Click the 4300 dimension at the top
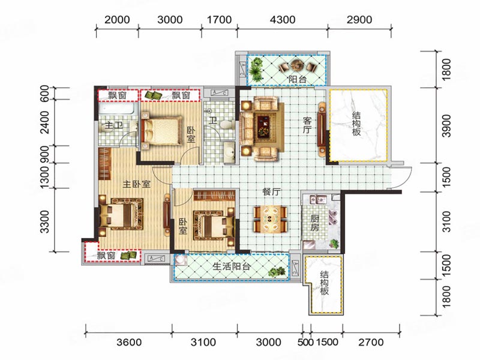tap(283, 20)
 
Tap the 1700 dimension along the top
tap(219, 20)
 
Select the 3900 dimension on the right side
tap(446, 126)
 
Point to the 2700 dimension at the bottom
tap(371, 342)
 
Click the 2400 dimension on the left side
tap(44, 122)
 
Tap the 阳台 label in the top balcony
tap(297, 79)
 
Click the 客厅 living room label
tap(307, 125)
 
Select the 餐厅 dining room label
tap(271, 192)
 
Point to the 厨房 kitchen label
tap(315, 223)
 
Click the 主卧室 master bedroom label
tap(137, 184)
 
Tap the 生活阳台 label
tap(232, 266)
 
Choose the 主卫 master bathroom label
tap(113, 125)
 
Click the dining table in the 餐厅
tap(271, 219)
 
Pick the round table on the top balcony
tap(296, 65)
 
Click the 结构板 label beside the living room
tap(356, 124)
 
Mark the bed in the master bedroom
tap(121, 214)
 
